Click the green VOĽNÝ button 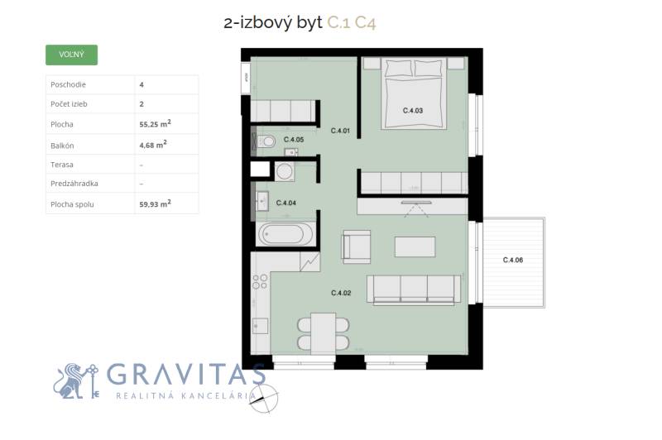tap(71, 55)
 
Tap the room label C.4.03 tap(412, 111)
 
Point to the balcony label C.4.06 tap(513, 260)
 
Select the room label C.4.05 tap(294, 139)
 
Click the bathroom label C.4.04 tap(285, 203)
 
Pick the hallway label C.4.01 tap(340, 131)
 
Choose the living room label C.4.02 tap(341, 293)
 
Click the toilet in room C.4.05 tap(266, 141)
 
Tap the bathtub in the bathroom tap(285, 234)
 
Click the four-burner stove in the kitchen tap(260, 281)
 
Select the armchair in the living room tap(356, 246)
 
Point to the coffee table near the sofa tap(415, 246)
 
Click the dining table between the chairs tap(324, 333)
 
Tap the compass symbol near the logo tap(263, 398)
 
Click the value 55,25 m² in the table tap(155, 123)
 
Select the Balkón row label tap(62, 146)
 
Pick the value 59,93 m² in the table tap(155, 203)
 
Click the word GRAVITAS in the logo tap(185, 375)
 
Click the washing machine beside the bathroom tap(285, 172)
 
